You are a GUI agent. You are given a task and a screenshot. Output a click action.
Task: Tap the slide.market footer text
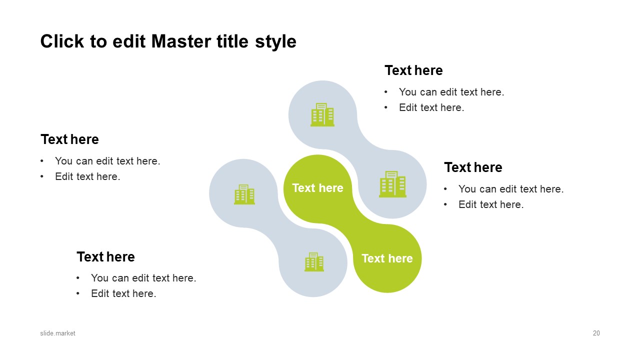coord(57,333)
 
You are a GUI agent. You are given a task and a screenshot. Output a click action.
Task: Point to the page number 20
coord(596,333)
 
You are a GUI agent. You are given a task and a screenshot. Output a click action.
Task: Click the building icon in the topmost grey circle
coord(322,114)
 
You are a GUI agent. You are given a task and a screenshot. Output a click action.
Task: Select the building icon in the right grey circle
coord(392,184)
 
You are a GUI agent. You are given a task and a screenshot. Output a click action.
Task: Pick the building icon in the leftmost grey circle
coord(244,194)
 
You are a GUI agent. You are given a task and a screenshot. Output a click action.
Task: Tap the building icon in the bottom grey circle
coord(314,261)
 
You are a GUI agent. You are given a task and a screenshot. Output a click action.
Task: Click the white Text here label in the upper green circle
coord(317,188)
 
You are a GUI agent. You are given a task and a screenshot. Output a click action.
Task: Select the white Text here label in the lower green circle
coord(387,258)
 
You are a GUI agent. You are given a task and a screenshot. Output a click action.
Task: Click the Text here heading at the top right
coord(413,70)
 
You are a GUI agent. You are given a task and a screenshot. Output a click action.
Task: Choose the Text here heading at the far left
coord(69,139)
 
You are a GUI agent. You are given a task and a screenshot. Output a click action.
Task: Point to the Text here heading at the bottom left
coord(105,256)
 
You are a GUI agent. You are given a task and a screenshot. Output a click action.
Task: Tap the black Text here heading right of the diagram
coord(473,167)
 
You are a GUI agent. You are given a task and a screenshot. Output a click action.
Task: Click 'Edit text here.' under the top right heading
coord(431,107)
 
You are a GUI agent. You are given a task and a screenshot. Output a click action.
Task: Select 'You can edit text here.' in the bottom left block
coord(143,277)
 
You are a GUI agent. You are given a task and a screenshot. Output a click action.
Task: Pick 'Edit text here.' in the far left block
coord(87,176)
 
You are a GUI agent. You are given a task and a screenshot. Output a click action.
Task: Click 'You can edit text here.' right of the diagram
coord(511,189)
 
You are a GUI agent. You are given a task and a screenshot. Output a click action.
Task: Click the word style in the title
coord(275,42)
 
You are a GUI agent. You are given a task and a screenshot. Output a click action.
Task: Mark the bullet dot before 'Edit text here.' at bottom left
coord(77,293)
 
